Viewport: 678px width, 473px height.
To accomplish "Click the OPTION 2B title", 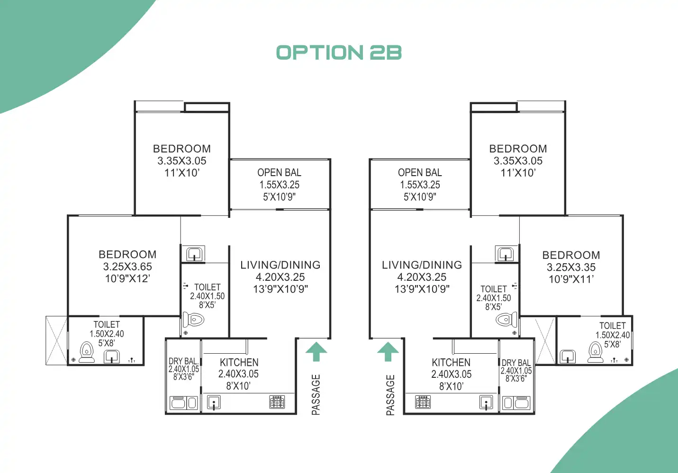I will click(339, 53).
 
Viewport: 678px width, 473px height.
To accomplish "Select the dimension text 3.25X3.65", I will click(127, 267).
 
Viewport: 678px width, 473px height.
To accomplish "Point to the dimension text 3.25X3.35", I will click(571, 267).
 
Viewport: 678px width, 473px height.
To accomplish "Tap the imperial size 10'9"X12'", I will click(127, 278).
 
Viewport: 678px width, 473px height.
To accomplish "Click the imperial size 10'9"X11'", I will click(571, 279).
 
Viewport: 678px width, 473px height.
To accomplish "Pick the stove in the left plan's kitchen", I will click(277, 402).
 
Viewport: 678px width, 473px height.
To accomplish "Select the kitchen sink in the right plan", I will click(486, 402).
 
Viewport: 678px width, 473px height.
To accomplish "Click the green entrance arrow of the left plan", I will click(316, 352).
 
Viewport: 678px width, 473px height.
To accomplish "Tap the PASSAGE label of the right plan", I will click(390, 395).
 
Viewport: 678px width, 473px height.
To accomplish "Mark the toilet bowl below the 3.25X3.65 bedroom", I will click(86, 352).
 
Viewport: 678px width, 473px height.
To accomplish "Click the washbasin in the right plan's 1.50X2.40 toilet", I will click(567, 356).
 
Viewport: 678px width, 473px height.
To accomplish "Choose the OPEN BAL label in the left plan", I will click(279, 173).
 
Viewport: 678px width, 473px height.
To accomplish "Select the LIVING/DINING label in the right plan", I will click(422, 265).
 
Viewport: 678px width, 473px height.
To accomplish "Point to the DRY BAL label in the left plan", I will click(183, 361).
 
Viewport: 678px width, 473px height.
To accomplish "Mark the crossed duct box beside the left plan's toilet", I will click(57, 340).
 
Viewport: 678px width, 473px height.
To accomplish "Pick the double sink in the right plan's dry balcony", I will click(515, 403).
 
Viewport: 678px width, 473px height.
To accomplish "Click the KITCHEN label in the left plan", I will click(239, 362).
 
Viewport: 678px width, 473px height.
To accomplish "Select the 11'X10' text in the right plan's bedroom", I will click(518, 173).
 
